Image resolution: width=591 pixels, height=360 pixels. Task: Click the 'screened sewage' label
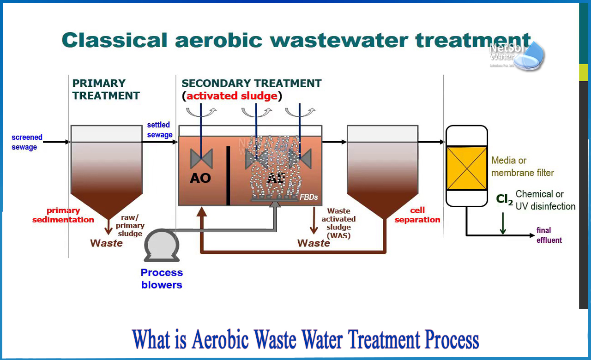coord(27,142)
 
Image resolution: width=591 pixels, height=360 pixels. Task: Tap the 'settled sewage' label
coord(159,130)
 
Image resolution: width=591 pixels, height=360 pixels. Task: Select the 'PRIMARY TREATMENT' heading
coord(106,90)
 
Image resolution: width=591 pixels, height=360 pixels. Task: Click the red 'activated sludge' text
coord(232,96)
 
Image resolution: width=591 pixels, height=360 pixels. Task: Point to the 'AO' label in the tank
coord(200,178)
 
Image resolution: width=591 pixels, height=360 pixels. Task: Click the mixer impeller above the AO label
coord(201,159)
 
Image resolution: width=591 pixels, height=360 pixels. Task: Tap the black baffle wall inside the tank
coord(228,175)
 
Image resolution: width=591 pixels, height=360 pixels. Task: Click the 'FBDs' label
coord(308,197)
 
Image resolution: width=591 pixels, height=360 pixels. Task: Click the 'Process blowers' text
coord(162,279)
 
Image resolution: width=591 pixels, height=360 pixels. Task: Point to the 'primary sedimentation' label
coord(63,215)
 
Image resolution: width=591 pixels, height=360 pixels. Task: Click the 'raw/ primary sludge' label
coord(130,225)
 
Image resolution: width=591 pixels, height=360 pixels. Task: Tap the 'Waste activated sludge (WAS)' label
coord(338,223)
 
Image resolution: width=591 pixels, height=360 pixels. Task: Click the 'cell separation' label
coord(417,215)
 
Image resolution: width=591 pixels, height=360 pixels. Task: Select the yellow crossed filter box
coord(467,168)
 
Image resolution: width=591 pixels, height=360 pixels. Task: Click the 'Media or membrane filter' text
coord(522,167)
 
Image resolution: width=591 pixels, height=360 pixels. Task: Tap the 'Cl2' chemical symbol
coord(504,199)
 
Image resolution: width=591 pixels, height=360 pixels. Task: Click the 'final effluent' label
coord(549,235)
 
